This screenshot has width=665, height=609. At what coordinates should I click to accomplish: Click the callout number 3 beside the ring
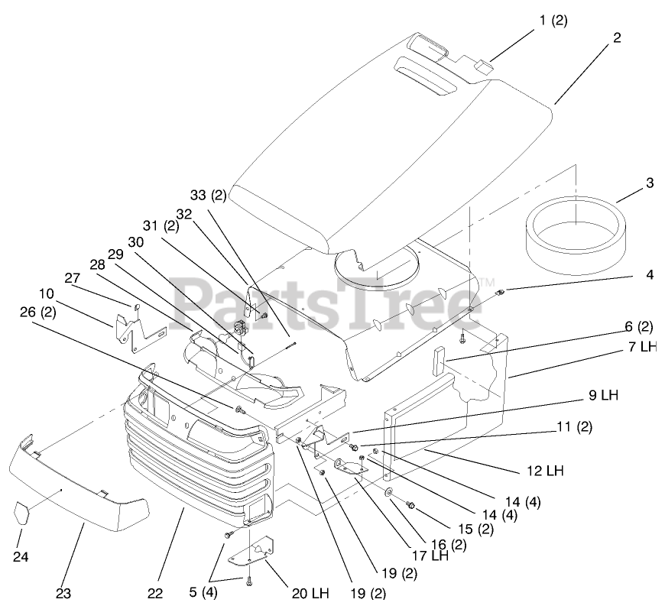tap(649, 183)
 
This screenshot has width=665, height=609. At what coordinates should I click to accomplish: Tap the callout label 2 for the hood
tap(617, 36)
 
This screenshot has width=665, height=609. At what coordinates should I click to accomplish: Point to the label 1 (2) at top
tap(553, 21)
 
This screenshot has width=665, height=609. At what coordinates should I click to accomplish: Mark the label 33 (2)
tap(208, 196)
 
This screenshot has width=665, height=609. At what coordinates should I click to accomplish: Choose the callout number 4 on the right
tap(649, 275)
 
